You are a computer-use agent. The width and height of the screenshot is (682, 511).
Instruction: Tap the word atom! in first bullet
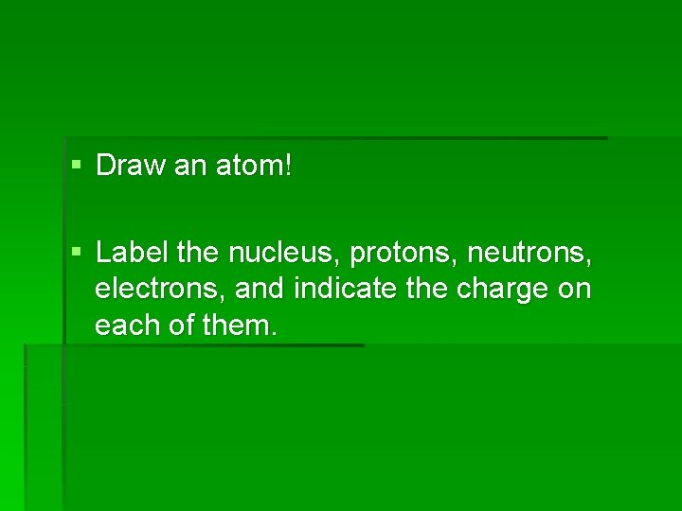[x=258, y=167]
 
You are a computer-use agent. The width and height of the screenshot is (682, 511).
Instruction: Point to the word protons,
[x=404, y=254]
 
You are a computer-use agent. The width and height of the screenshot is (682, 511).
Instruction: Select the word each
[x=125, y=326]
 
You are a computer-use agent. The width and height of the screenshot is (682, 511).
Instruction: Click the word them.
[x=241, y=326]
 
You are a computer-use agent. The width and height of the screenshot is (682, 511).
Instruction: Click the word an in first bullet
[x=190, y=167]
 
